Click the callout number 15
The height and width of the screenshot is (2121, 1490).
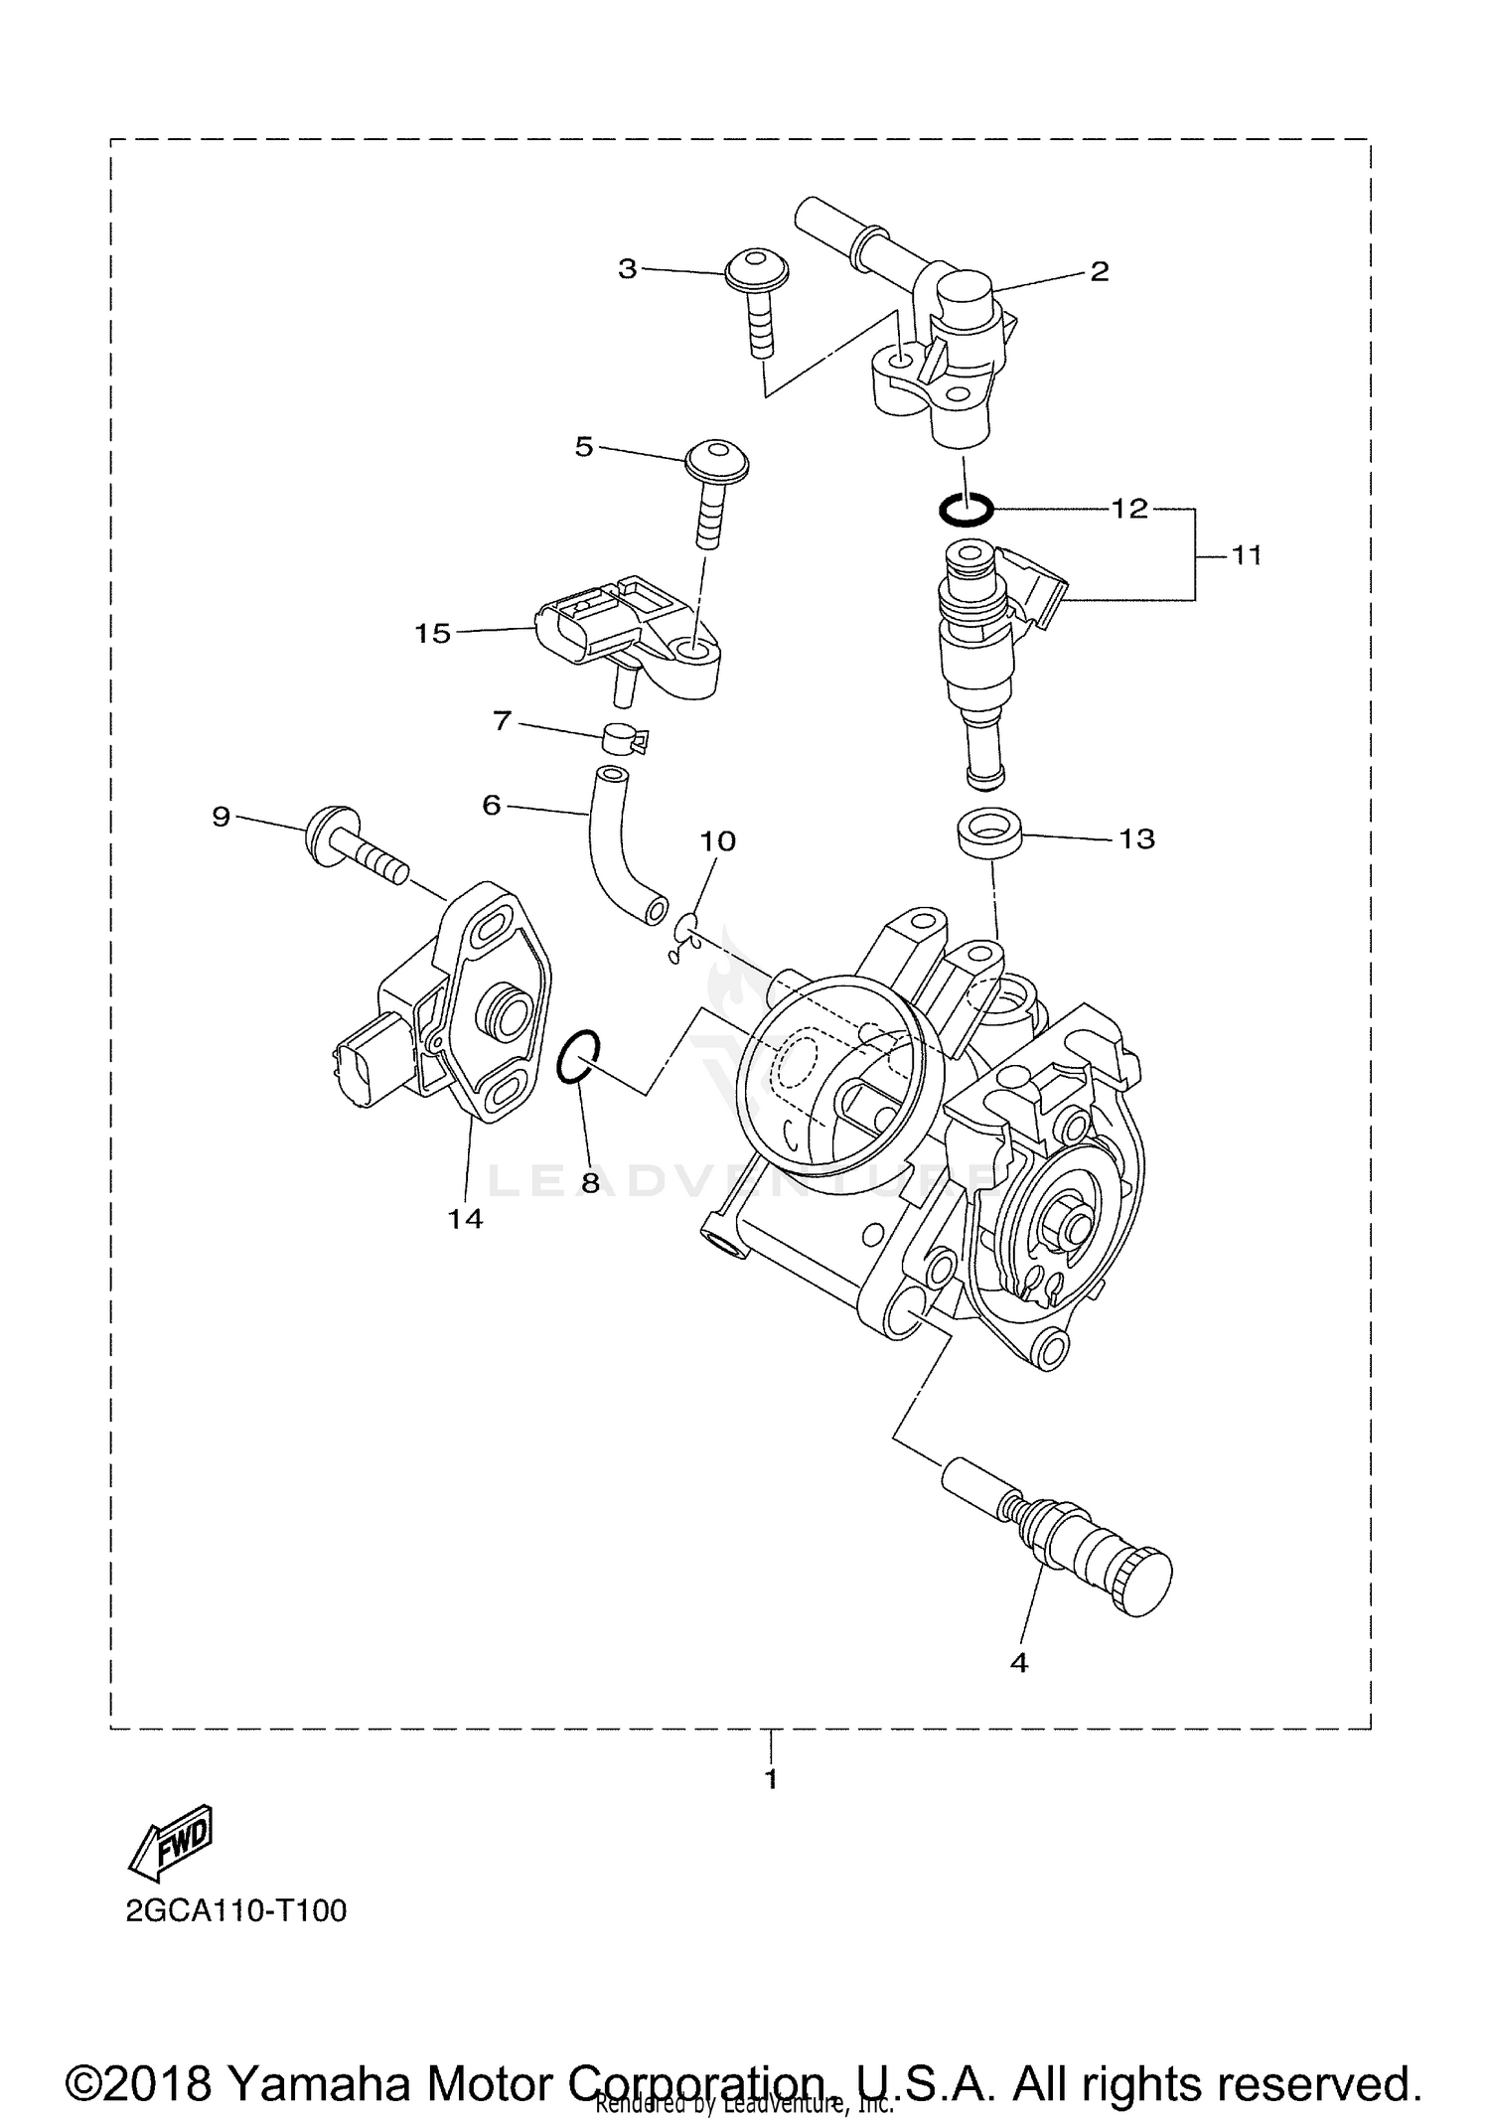[x=432, y=633]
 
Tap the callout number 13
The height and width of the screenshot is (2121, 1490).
[x=1136, y=838]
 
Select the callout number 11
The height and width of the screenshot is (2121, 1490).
[x=1246, y=554]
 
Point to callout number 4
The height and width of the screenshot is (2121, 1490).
[x=1018, y=1661]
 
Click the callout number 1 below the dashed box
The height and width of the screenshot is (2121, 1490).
[x=771, y=1777]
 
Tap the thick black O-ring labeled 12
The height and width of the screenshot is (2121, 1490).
[x=966, y=511]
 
